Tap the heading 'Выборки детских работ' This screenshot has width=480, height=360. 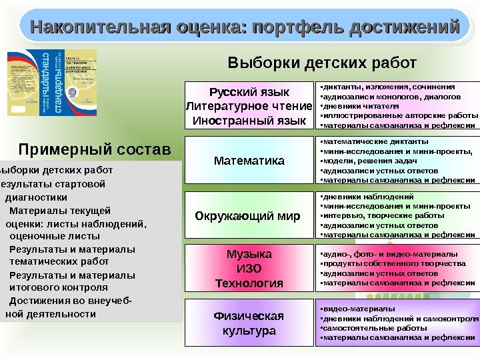pos(322,63)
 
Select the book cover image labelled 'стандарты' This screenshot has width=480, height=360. pos(52,83)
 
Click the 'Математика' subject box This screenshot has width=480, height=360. pos(249,161)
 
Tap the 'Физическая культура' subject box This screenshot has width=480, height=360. pos(249,323)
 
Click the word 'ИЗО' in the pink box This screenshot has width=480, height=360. pos(249,269)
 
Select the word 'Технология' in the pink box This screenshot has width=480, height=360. pos(249,283)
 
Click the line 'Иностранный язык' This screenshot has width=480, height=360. pos(249,121)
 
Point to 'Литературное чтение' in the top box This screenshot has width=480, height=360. pos(249,106)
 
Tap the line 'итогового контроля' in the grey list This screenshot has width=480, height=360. pos(59,287)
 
